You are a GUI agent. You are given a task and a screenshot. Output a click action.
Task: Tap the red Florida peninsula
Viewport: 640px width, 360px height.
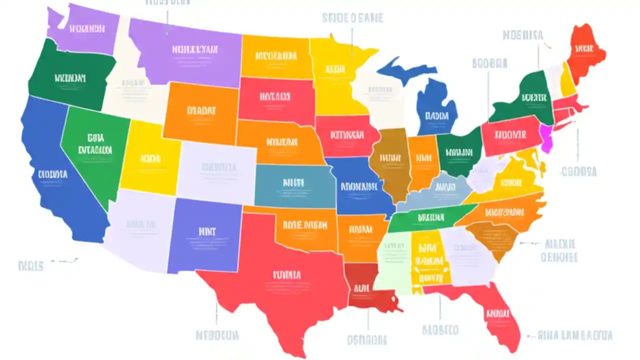(x=495, y=315)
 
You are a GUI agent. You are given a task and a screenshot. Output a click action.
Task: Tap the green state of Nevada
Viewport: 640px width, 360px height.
(x=95, y=145)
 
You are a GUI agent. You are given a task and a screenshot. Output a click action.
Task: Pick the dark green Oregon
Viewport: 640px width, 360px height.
(x=70, y=77)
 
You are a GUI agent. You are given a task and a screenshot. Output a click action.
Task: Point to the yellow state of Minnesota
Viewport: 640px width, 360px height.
(x=335, y=75)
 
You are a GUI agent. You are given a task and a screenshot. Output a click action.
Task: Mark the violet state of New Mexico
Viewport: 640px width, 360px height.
(x=205, y=235)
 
